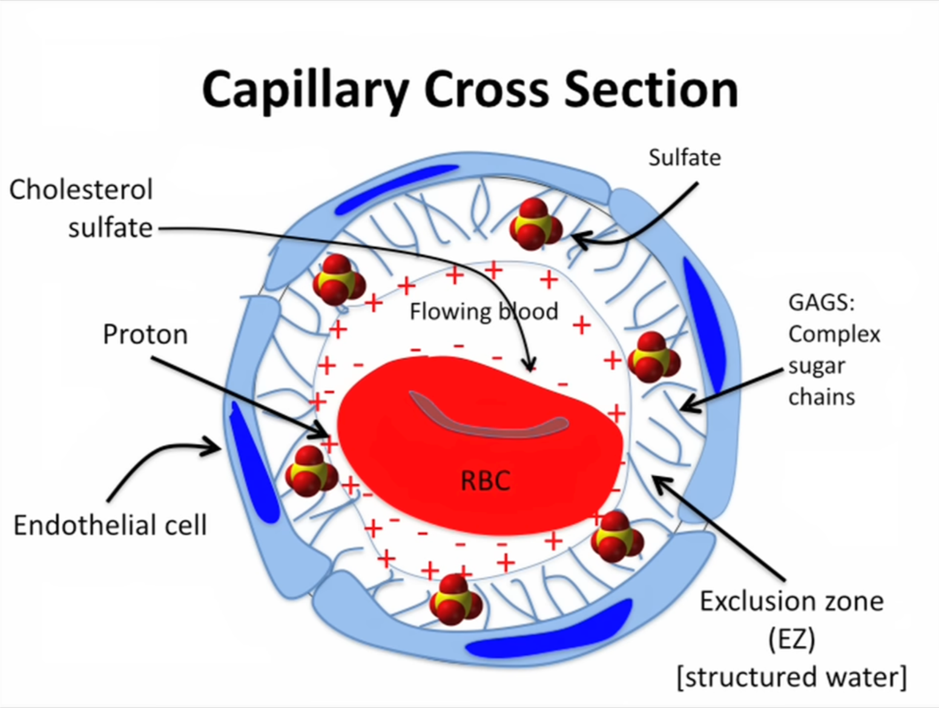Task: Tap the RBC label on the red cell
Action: [x=485, y=481]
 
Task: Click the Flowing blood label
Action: [x=483, y=312]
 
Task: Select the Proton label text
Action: [x=145, y=335]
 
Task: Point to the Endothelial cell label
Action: [x=110, y=525]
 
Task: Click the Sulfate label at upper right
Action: [x=684, y=158]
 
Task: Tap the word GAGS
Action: [x=820, y=303]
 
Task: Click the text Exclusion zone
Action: [x=791, y=601]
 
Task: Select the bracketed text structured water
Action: [x=791, y=677]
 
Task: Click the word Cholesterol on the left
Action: [x=81, y=190]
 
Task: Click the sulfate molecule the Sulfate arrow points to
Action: [x=535, y=225]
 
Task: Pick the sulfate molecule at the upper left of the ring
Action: [x=338, y=280]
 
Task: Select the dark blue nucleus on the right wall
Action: [x=704, y=324]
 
